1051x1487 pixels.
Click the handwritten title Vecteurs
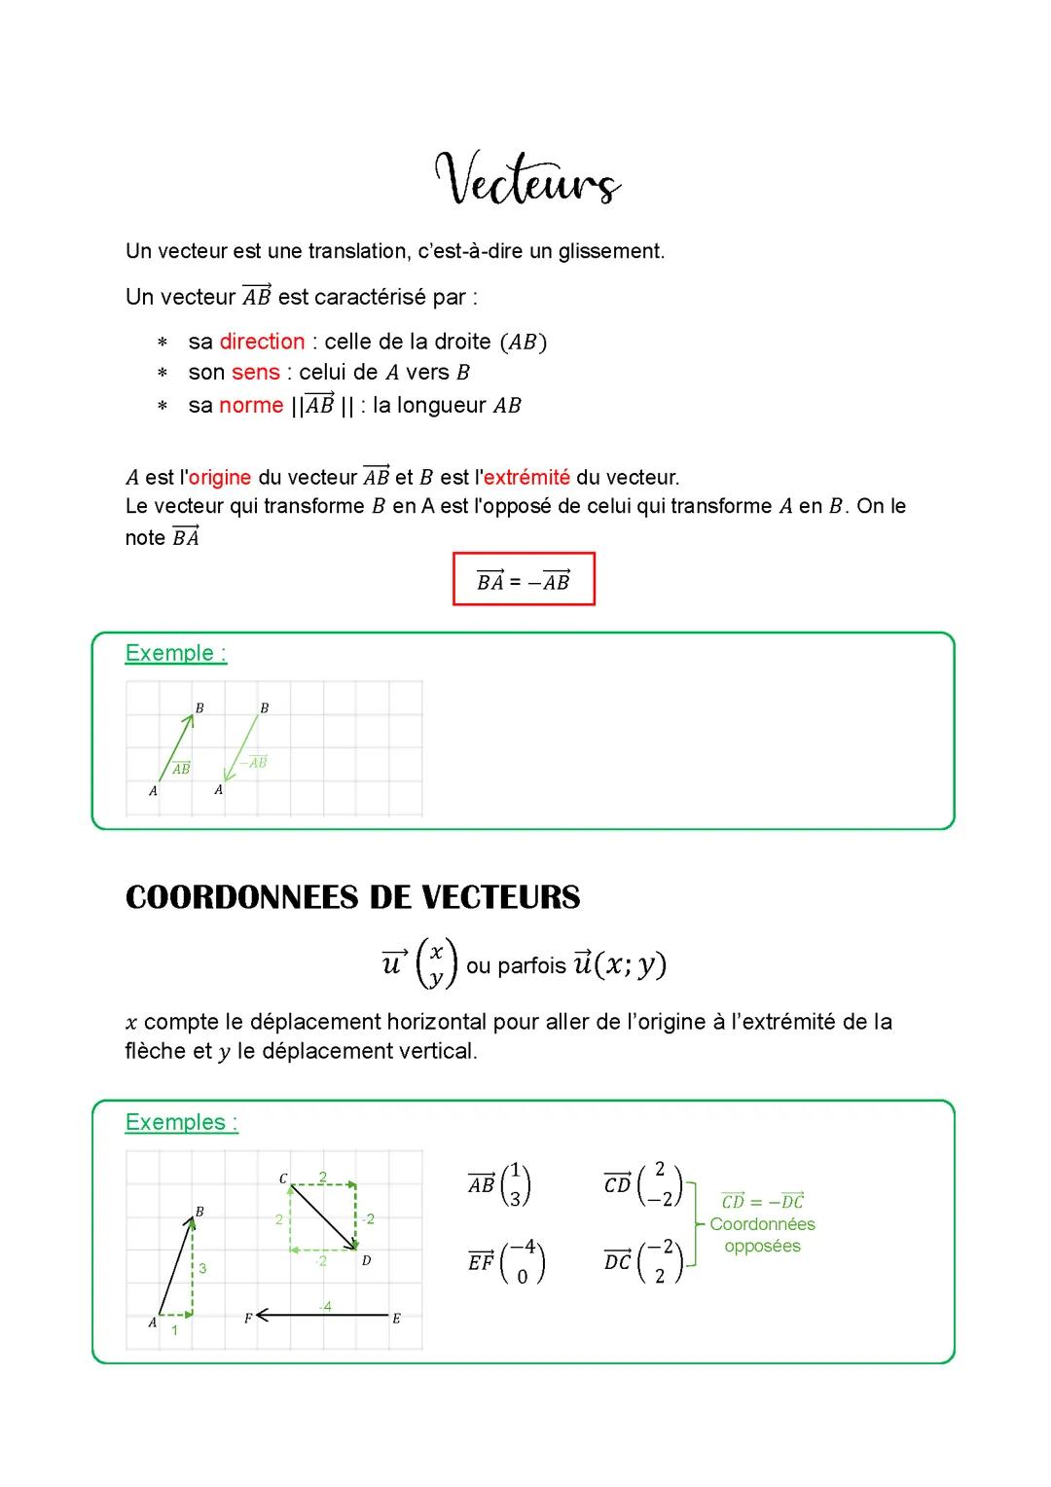[x=526, y=180]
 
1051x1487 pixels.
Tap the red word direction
[x=262, y=342]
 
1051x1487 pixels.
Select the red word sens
[x=255, y=373]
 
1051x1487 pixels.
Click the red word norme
[x=251, y=406]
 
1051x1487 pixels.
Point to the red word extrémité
[x=526, y=478]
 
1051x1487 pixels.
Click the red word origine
[x=220, y=478]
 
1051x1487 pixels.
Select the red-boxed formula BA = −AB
[x=524, y=581]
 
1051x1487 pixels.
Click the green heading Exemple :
[x=176, y=653]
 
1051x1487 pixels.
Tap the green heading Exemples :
[x=182, y=1122]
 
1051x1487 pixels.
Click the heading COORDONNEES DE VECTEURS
[x=352, y=896]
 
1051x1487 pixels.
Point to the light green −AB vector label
[x=253, y=762]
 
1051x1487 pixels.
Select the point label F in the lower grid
[x=248, y=1319]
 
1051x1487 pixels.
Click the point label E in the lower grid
[x=396, y=1319]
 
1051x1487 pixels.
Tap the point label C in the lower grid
[x=282, y=1179]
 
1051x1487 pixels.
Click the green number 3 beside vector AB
[x=202, y=1269]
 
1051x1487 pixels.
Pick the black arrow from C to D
[x=324, y=1216]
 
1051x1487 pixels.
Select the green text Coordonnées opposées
[x=762, y=1235]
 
